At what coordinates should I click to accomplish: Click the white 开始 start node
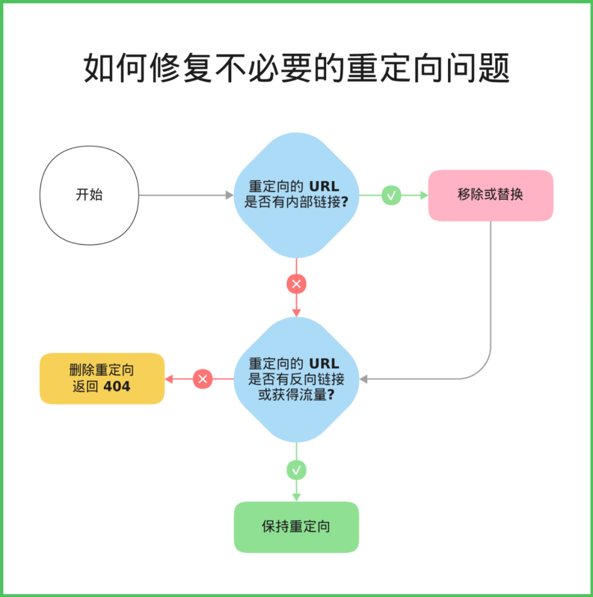click(x=89, y=195)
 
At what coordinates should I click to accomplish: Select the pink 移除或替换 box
click(x=490, y=195)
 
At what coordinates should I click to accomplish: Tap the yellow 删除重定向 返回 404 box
click(x=102, y=378)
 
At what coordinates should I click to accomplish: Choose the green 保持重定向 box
click(x=296, y=527)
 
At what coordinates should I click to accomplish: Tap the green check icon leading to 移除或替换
click(x=391, y=195)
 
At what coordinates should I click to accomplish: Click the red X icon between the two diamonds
click(x=296, y=284)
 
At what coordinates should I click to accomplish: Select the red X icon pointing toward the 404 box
click(x=203, y=379)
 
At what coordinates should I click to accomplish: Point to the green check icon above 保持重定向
click(x=296, y=470)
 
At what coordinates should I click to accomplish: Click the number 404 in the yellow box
click(x=117, y=387)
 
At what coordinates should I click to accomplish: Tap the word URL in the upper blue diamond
click(x=325, y=187)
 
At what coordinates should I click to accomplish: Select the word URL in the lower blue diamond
click(x=325, y=364)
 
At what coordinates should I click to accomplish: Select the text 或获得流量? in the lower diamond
click(x=296, y=394)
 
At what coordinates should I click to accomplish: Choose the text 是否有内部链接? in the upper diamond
click(x=296, y=202)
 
